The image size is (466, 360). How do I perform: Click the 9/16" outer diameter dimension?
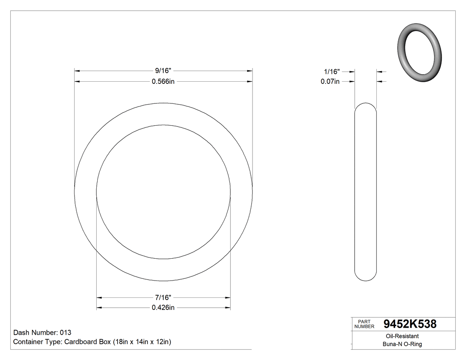click(x=163, y=71)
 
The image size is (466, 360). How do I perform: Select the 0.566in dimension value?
click(x=163, y=82)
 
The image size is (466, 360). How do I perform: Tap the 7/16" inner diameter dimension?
click(x=163, y=297)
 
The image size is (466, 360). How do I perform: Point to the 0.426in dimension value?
click(x=163, y=308)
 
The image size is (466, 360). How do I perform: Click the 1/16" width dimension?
click(x=332, y=71)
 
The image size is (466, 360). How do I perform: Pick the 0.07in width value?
click(x=330, y=82)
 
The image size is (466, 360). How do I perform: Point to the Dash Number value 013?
click(x=65, y=332)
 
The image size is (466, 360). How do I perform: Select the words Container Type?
click(x=37, y=342)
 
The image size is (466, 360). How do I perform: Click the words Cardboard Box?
click(x=87, y=342)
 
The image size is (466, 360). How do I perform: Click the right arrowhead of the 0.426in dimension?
click(x=228, y=308)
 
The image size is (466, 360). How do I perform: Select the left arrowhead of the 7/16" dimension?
click(x=99, y=297)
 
